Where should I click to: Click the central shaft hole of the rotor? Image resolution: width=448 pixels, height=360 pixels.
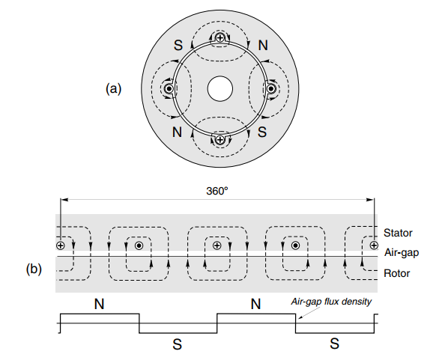tap(220, 88)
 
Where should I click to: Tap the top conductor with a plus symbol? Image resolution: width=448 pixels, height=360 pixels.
tap(220, 37)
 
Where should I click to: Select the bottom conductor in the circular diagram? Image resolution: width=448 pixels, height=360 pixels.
tap(220, 140)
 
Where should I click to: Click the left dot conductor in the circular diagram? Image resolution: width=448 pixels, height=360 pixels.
tap(169, 89)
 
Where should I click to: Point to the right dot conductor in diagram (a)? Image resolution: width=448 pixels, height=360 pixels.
tap(271, 89)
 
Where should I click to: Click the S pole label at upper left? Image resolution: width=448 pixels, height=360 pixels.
tap(178, 46)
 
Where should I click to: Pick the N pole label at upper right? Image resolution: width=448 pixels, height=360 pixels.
tap(263, 46)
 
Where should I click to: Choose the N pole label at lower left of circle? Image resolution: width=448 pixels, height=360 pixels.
tap(177, 132)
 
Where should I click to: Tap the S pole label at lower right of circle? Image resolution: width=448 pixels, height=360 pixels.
tap(262, 132)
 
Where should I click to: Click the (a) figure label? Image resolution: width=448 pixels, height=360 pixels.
tap(113, 89)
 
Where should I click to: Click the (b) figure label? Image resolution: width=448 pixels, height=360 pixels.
tap(34, 269)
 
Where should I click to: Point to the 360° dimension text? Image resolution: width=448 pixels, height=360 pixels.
tap(217, 191)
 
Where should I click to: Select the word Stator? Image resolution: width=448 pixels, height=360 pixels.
tap(398, 233)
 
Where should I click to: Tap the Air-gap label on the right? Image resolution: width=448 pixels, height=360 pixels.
tap(402, 253)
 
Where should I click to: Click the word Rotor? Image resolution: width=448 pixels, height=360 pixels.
tap(396, 273)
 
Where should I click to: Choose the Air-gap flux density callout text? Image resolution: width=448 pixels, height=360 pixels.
tap(331, 302)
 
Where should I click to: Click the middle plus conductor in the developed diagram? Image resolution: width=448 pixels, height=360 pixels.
tap(217, 245)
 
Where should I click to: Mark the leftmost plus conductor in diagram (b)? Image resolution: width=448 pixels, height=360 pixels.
tap(60, 245)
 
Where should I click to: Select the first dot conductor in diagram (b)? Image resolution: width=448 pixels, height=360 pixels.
tap(139, 245)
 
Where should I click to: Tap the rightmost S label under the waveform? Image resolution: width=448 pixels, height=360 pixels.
tap(335, 344)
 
